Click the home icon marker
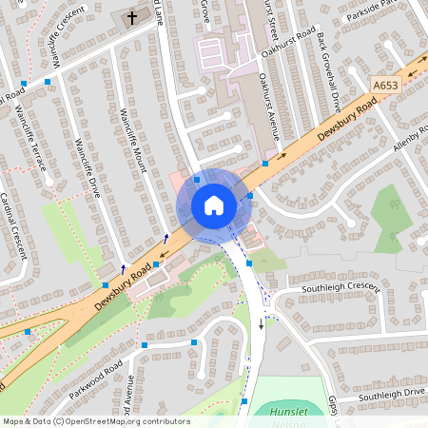[x=214, y=205]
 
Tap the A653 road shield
[x=385, y=86]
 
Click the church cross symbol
[x=130, y=16]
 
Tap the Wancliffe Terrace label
[x=33, y=141]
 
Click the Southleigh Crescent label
[x=340, y=286]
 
